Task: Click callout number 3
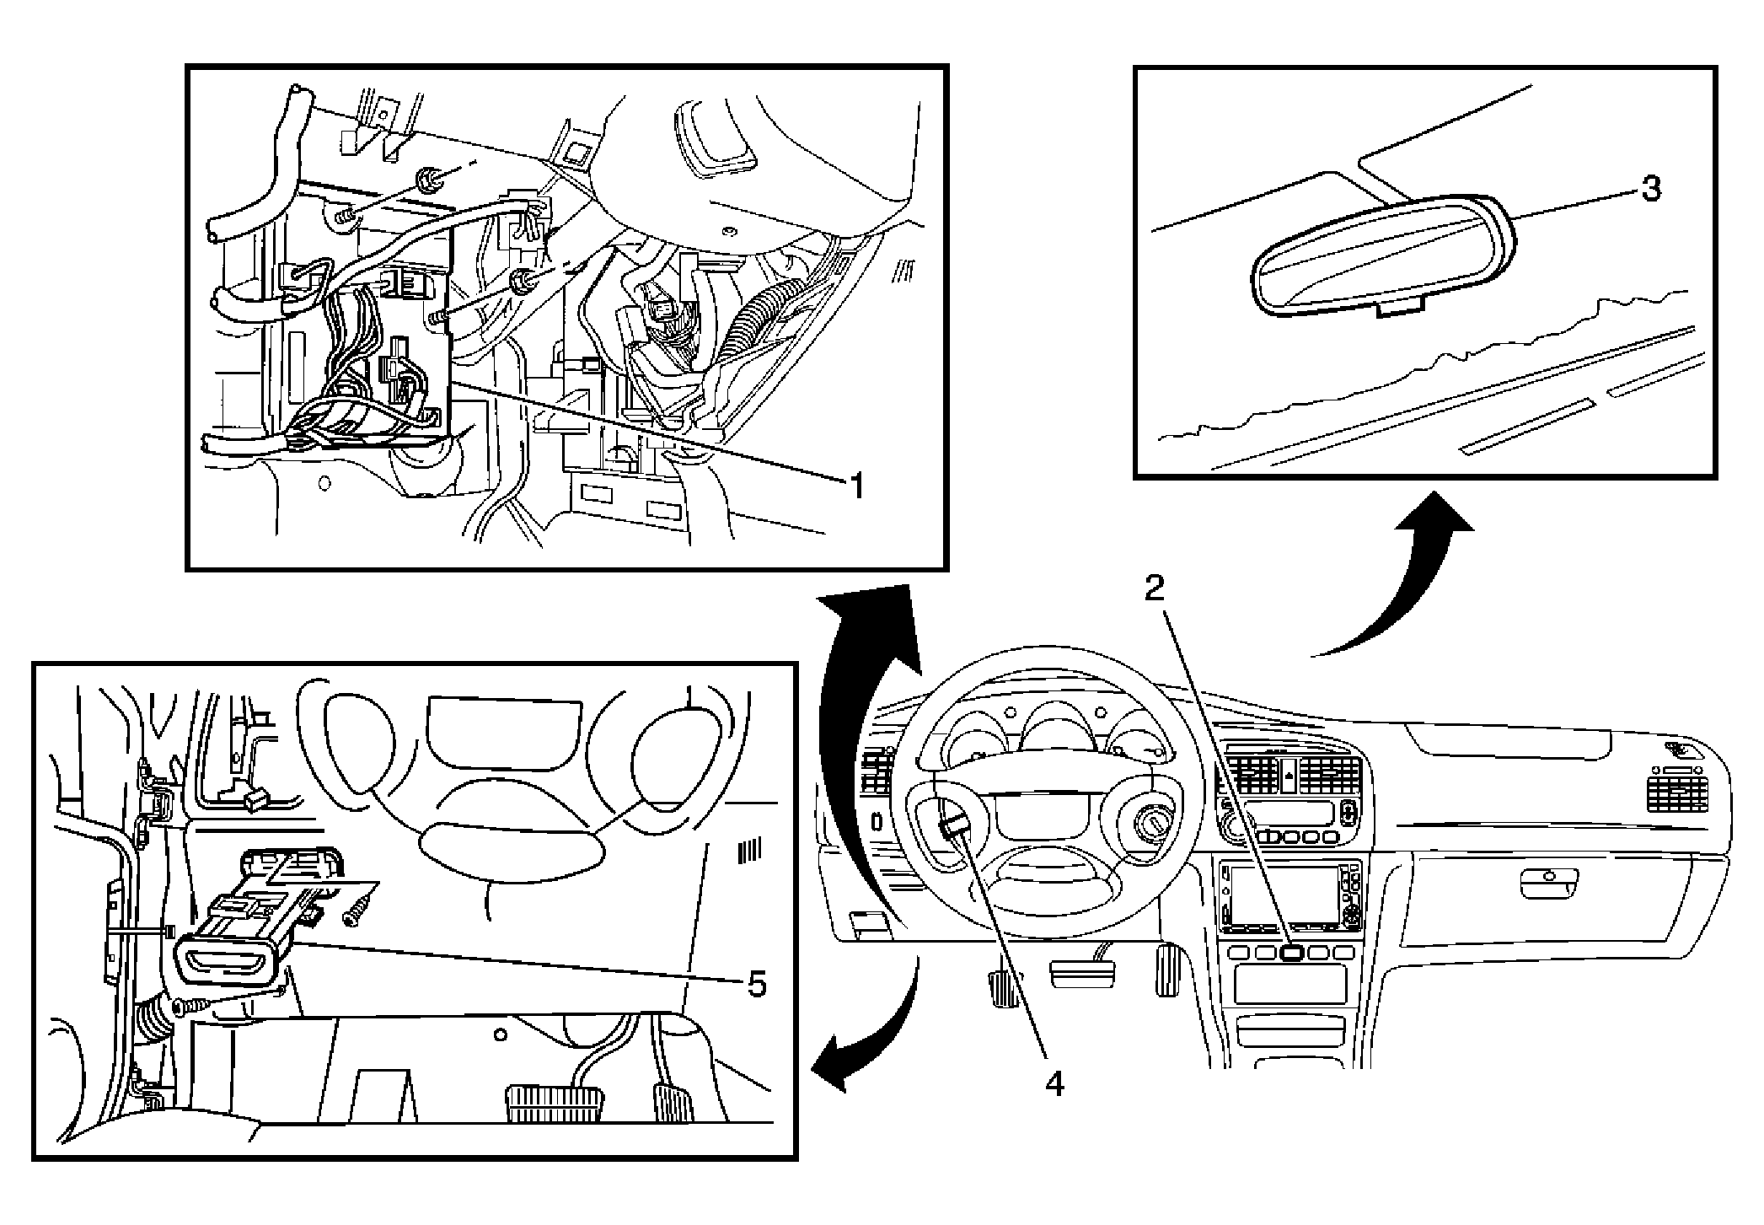(x=1650, y=189)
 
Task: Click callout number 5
(x=756, y=983)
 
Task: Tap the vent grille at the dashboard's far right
(x=1677, y=795)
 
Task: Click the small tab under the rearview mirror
(x=1397, y=309)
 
